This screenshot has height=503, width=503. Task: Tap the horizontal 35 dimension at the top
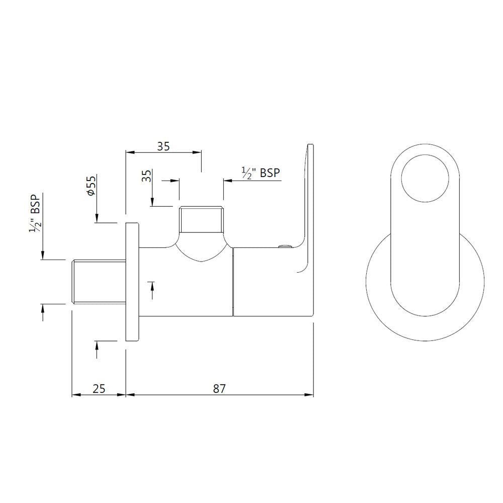[163, 146]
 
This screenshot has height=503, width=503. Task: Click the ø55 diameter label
[91, 186]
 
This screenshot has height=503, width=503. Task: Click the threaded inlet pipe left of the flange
[99, 282]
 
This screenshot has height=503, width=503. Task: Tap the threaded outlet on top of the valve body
[201, 220]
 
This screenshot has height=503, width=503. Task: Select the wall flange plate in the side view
[132, 282]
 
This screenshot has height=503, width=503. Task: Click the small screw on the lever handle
[285, 246]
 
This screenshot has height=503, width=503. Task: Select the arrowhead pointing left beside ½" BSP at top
[227, 180]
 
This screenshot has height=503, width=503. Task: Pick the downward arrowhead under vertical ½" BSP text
[43, 256]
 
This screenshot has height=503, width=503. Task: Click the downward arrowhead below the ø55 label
[96, 219]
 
